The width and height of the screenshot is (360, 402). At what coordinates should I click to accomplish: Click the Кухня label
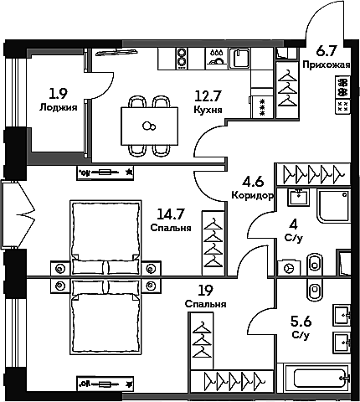coord(208,110)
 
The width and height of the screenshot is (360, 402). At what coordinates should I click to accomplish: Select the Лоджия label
coord(58,107)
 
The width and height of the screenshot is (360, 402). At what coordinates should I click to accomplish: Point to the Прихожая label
coord(327,65)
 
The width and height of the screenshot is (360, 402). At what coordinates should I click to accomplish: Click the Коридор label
coord(252,195)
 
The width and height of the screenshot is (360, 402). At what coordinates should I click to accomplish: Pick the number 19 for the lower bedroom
coord(205,291)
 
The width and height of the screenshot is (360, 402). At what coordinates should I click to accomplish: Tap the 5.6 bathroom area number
coord(301,322)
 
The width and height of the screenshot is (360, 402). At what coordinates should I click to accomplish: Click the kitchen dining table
coord(149,126)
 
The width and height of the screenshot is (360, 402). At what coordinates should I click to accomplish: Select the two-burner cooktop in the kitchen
coord(182,59)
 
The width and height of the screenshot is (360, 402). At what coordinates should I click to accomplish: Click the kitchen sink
coord(239,58)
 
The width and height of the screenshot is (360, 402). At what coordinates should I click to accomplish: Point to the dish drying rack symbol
coord(217,58)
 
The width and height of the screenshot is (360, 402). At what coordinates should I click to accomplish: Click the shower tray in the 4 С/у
coord(333,206)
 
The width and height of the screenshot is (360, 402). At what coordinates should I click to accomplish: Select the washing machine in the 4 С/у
coord(289,268)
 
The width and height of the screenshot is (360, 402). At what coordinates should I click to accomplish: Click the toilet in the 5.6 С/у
coord(316,291)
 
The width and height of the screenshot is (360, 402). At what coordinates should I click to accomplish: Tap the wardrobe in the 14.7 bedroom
coord(213,243)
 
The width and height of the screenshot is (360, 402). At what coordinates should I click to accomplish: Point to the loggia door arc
coord(102,85)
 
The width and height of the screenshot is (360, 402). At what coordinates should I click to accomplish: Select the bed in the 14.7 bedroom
coord(105,238)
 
